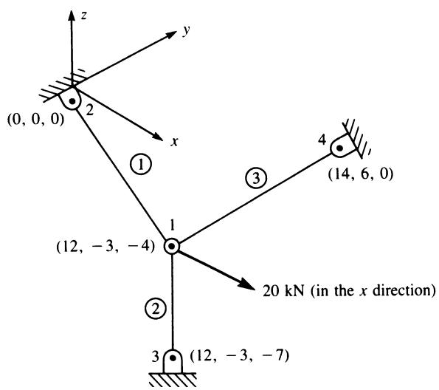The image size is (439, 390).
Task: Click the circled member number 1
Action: (141, 165)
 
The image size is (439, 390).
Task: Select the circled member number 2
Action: (156, 309)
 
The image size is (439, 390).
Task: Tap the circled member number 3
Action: (256, 178)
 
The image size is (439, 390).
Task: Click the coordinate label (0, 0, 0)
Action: (35, 120)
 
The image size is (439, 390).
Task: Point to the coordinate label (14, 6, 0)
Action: (361, 174)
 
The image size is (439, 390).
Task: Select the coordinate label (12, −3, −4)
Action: (106, 247)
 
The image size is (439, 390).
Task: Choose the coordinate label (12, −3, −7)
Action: (239, 356)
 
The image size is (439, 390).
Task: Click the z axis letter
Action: (83, 16)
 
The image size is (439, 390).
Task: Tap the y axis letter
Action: (187, 30)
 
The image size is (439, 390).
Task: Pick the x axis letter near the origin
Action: (174, 142)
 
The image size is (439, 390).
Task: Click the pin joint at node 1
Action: (171, 247)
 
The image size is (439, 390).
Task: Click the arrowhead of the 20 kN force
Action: (247, 284)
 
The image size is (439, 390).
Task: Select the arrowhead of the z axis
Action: (72, 16)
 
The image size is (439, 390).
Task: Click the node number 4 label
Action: (322, 140)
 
